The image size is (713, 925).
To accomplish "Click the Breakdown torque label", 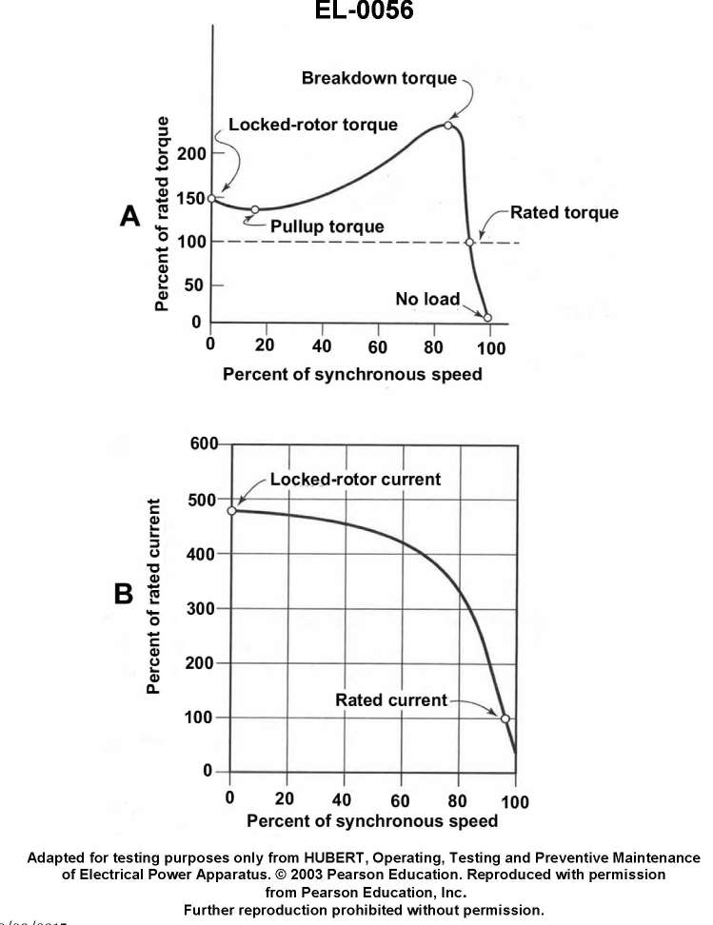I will (x=379, y=77).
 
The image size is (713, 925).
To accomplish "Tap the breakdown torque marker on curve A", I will (x=448, y=125).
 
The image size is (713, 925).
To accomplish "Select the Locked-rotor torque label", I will (x=313, y=125).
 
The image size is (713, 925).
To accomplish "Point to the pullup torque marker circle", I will (x=255, y=209).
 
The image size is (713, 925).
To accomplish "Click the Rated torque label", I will (x=564, y=212).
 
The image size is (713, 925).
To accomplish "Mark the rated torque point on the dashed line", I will (x=469, y=242).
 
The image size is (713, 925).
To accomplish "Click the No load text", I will (x=427, y=300).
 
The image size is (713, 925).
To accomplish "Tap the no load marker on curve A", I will (x=487, y=318).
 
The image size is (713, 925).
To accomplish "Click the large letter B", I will (x=124, y=594).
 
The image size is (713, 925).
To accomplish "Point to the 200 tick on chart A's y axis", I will (x=190, y=154).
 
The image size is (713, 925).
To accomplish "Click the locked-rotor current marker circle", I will (x=231, y=510).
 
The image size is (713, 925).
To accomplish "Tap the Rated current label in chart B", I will (x=390, y=700).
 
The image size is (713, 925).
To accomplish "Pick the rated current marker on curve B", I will (x=505, y=718).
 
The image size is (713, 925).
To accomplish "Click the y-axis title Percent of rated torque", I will (x=163, y=214).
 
